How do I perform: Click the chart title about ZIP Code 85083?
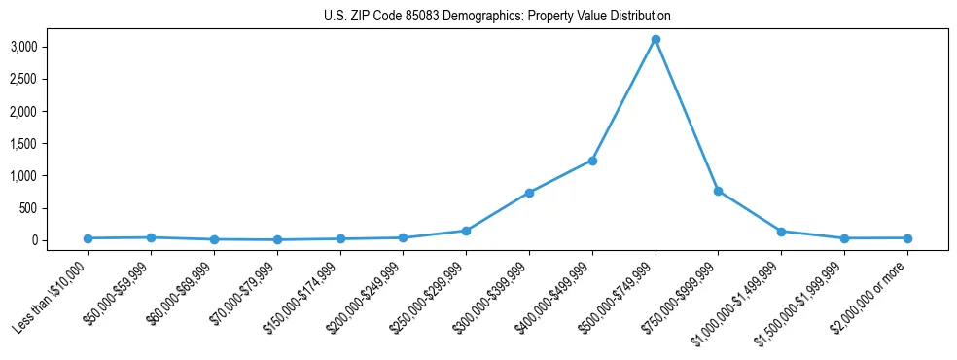click(497, 17)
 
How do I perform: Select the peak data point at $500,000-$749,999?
click(656, 39)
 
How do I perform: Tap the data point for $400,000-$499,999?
click(592, 161)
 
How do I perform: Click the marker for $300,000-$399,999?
click(529, 193)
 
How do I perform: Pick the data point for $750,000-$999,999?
click(718, 191)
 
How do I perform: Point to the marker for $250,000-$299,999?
click(466, 231)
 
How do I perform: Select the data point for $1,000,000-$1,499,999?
click(781, 232)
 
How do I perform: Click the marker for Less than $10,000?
click(88, 238)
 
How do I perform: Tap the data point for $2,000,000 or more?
click(907, 238)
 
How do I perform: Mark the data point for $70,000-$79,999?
click(277, 239)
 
